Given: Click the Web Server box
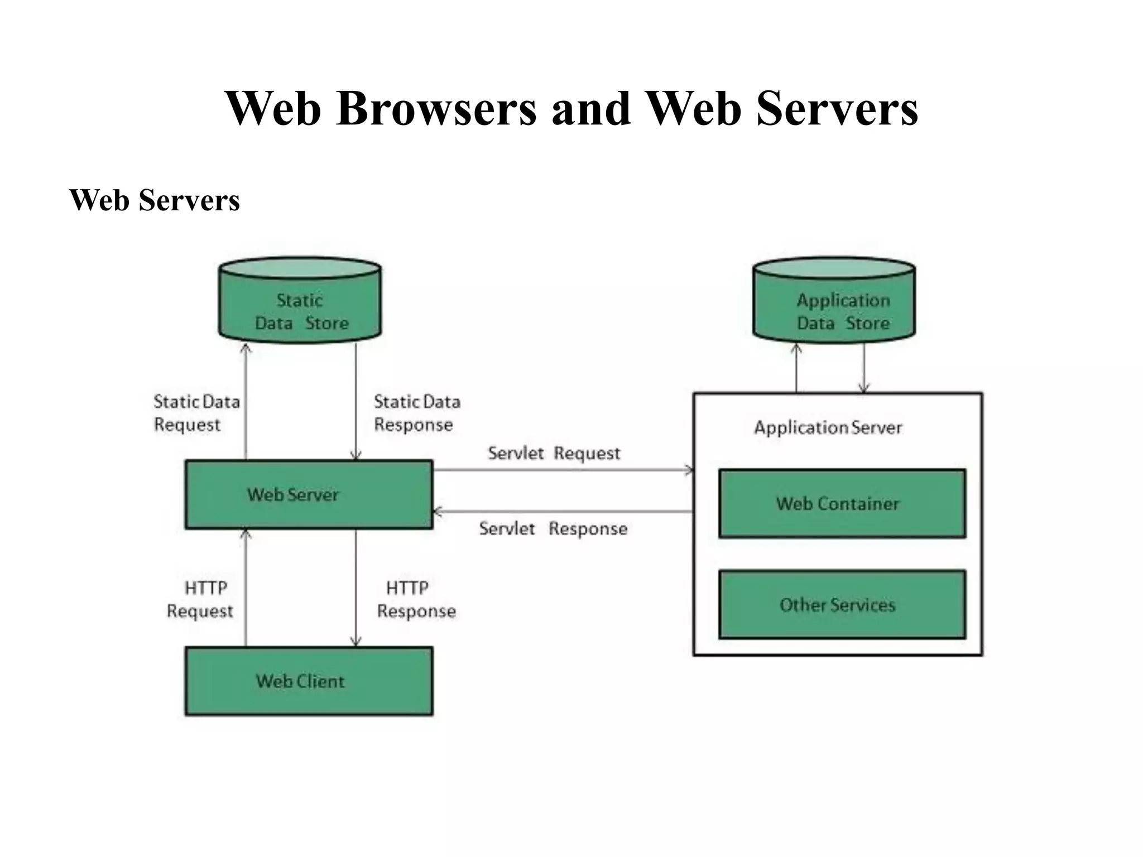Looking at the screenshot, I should [309, 494].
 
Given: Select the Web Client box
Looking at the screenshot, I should [309, 681].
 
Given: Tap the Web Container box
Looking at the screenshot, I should [842, 503].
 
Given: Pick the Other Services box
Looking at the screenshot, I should [842, 604].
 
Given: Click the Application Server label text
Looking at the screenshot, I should [828, 428].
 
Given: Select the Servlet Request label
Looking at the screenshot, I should [554, 453].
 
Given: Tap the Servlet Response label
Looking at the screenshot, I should [553, 528].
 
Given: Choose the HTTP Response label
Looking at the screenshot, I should [416, 599].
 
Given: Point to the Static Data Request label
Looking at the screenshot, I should [196, 413].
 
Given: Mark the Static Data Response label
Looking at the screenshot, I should [416, 413].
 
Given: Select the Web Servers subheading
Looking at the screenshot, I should [155, 200].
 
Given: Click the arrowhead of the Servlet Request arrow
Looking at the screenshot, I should [689, 470].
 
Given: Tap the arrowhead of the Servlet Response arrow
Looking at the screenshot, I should [438, 512].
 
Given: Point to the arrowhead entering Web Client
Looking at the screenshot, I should [356, 643].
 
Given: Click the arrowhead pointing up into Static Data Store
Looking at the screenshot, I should [246, 348].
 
